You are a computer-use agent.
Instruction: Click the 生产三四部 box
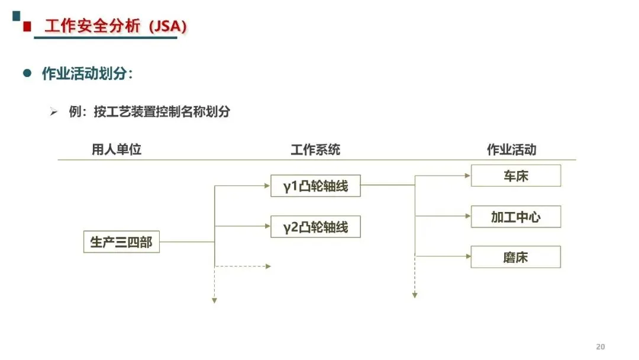pos(121,242)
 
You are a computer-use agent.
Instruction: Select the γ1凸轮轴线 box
pos(315,186)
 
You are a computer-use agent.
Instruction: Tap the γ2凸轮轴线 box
pos(315,227)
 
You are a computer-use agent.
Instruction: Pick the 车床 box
pos(516,176)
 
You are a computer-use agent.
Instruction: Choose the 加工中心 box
pos(516,217)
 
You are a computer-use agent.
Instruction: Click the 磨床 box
pos(516,257)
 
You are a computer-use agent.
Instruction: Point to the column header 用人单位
pos(117,149)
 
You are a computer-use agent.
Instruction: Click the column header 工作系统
pos(315,150)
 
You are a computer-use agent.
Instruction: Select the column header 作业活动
pos(512,150)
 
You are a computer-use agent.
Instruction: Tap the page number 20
pos(601,346)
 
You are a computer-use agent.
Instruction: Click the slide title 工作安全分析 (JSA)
pos(116,26)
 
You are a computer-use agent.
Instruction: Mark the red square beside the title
pos(27,27)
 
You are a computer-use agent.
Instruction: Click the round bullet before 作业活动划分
pos(27,73)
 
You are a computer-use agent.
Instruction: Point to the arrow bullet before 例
pos(54,111)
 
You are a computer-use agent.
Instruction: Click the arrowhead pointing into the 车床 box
pos(468,176)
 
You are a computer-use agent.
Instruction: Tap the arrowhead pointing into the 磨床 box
pos(468,256)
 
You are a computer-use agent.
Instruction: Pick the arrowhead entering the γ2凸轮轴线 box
pos(267,226)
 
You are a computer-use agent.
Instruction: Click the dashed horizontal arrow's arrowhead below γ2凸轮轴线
pos(268,266)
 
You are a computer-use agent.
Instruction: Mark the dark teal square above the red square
pos(17,16)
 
